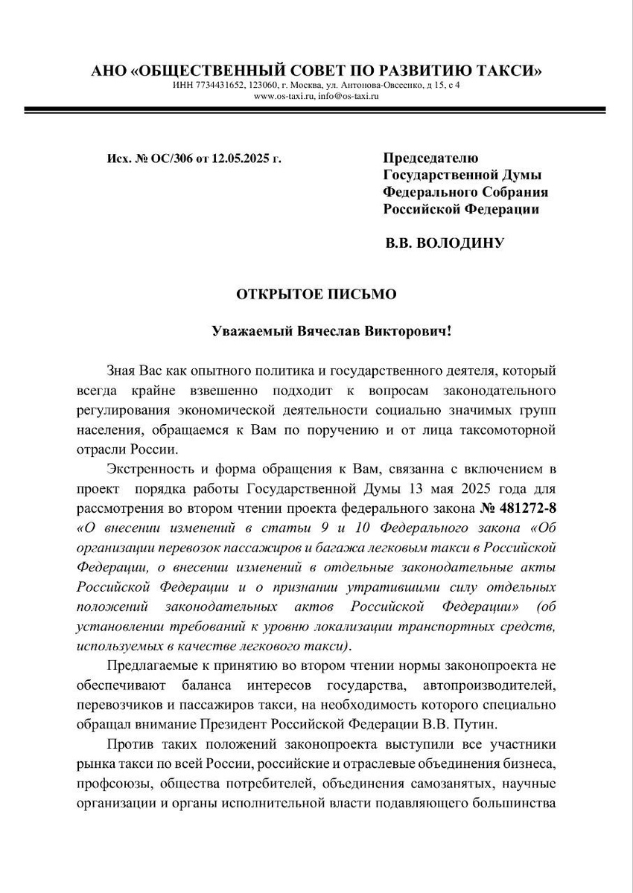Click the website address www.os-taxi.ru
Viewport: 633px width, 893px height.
279,96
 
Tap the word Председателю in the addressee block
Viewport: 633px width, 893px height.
430,158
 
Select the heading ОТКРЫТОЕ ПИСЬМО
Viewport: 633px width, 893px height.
316,294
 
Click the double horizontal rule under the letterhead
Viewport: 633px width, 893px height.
316,110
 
